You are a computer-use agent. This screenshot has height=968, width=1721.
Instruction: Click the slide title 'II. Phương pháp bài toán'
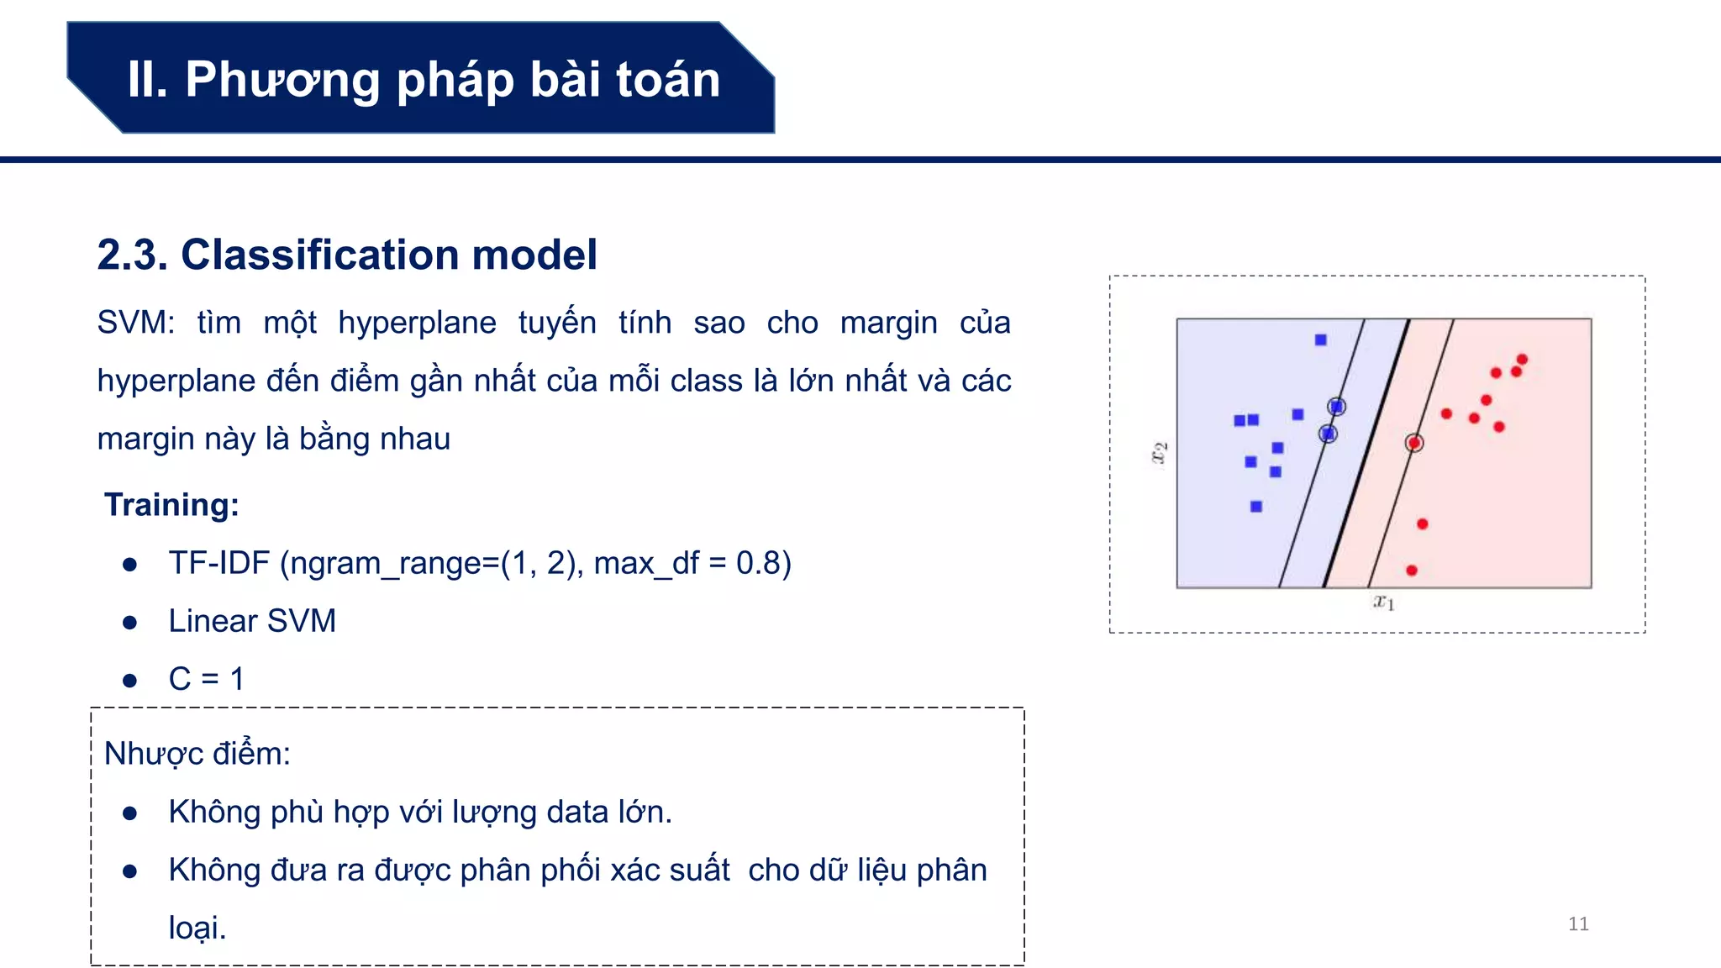424,79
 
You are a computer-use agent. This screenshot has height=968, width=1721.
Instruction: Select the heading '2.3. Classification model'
346,254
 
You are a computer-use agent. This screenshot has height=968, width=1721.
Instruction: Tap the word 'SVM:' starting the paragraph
135,323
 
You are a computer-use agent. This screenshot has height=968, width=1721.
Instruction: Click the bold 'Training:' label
171,504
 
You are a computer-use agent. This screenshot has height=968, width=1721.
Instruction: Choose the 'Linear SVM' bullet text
252,620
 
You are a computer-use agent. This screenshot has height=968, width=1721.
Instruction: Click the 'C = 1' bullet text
206,678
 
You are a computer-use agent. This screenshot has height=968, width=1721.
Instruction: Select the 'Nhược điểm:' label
197,753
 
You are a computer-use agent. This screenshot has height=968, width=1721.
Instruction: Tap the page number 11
1578,923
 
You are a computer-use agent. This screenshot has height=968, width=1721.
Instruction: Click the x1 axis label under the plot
1383,602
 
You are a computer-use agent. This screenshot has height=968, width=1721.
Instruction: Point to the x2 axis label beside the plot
1159,453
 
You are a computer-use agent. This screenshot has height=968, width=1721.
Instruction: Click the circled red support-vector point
1414,443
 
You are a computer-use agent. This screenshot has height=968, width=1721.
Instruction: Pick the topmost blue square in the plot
1321,339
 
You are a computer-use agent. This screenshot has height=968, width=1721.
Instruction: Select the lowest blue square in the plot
1256,506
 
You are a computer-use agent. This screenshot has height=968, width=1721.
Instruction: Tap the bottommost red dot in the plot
1412,571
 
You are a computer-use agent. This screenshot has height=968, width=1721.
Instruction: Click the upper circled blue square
1336,407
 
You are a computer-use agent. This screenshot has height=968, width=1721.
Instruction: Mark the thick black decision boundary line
1366,454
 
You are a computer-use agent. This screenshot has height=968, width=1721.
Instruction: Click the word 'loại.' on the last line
197,928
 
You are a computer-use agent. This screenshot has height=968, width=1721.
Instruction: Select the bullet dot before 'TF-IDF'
129,564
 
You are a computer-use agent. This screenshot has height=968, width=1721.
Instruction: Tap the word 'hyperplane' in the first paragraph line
417,323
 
